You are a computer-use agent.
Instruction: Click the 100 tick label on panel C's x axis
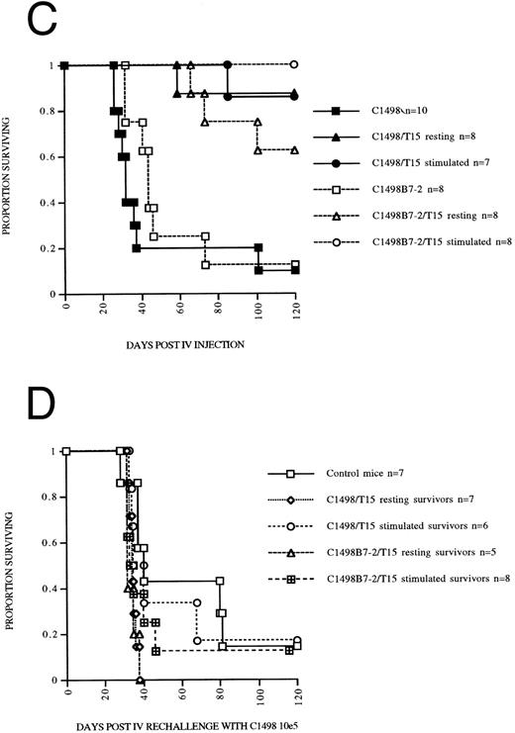point(256,308)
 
